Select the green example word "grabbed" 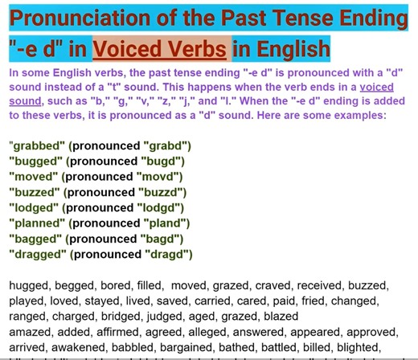click(37, 146)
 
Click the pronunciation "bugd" click(160, 162)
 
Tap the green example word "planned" click(38, 223)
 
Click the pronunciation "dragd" click(168, 254)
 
